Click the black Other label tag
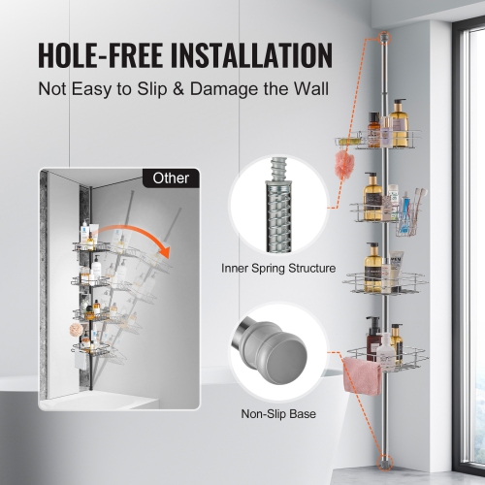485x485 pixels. coord(172,178)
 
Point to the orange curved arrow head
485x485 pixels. coord(165,254)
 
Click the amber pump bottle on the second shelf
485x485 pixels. coord(371,194)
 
